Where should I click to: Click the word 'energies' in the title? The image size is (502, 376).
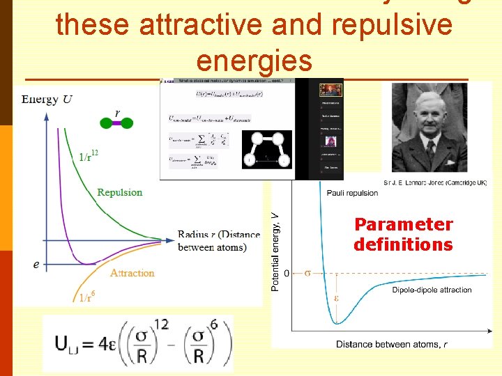click(x=254, y=61)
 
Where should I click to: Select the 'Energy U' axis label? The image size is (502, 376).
click(x=47, y=99)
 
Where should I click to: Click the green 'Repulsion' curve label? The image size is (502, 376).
click(x=119, y=192)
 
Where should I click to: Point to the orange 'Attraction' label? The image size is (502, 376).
click(x=132, y=273)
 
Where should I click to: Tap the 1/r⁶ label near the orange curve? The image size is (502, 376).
click(x=86, y=297)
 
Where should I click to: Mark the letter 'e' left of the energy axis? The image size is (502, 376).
click(x=36, y=265)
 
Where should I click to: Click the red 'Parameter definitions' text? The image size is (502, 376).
click(x=403, y=235)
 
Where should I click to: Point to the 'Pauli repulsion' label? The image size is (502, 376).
click(x=352, y=192)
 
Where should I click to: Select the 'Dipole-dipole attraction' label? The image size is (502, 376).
click(x=432, y=290)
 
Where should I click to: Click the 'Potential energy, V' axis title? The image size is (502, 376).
click(x=275, y=253)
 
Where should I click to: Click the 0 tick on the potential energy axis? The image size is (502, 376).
click(x=286, y=273)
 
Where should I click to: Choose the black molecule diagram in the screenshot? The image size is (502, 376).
click(x=266, y=149)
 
